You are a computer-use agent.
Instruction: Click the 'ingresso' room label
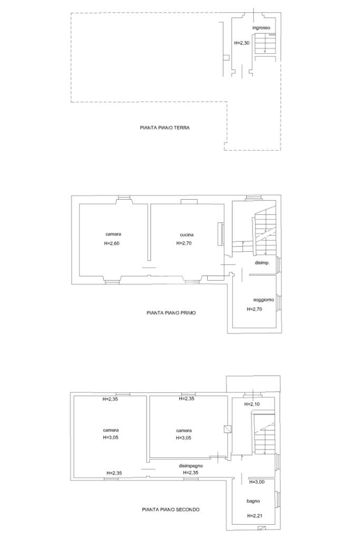[261, 28]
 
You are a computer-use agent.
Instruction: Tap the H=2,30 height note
[242, 43]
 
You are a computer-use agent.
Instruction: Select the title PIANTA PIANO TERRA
[164, 127]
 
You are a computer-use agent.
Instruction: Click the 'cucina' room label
[187, 235]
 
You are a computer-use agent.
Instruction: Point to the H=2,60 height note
[112, 243]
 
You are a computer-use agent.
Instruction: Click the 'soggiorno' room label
[264, 300]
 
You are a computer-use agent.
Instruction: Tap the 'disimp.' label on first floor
[262, 263]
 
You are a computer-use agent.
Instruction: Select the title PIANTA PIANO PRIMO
[171, 313]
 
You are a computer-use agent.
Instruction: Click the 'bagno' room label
[253, 501]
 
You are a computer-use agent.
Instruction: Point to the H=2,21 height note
[255, 516]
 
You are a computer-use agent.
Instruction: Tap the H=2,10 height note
[252, 404]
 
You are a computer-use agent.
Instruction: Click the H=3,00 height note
[257, 482]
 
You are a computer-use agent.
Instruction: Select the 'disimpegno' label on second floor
[191, 466]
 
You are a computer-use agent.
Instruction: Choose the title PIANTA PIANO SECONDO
[171, 509]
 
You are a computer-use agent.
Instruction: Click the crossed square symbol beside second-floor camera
[228, 429]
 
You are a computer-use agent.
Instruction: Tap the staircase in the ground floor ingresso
[265, 44]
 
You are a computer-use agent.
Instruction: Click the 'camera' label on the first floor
[113, 234]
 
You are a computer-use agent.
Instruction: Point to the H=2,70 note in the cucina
[184, 243]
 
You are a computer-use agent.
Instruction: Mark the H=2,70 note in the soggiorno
[254, 309]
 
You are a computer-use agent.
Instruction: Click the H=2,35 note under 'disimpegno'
[190, 473]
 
